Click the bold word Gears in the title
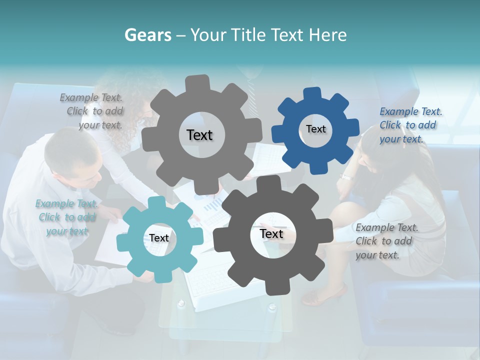click(x=148, y=35)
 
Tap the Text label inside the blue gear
click(x=315, y=129)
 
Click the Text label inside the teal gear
click(x=159, y=238)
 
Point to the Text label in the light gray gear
click(x=199, y=135)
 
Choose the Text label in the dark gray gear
click(x=271, y=233)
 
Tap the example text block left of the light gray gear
click(x=93, y=111)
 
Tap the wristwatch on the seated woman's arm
click(x=346, y=176)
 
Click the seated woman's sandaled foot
click(x=324, y=295)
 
